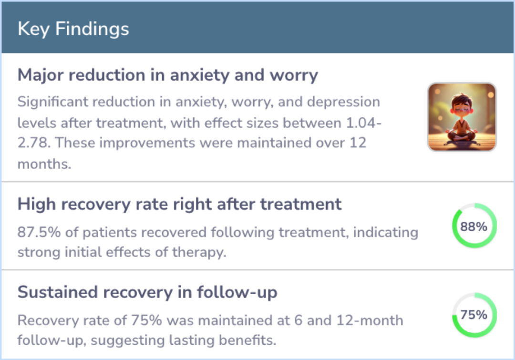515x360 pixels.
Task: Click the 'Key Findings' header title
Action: (73, 29)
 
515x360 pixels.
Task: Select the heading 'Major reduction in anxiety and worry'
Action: (168, 75)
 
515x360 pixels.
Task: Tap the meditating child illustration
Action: (462, 117)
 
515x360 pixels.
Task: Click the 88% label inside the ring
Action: (474, 226)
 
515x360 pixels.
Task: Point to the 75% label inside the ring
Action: (474, 315)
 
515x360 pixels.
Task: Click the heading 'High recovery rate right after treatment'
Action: (180, 204)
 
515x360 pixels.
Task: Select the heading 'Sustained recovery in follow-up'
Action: (147, 292)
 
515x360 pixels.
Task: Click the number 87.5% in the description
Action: (39, 232)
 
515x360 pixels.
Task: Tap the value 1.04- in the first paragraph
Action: (363, 123)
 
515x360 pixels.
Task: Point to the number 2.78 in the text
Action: (33, 143)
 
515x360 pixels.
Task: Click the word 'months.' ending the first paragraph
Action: (44, 164)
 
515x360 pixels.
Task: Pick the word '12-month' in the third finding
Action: (370, 320)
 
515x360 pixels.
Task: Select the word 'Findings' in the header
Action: (93, 29)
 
